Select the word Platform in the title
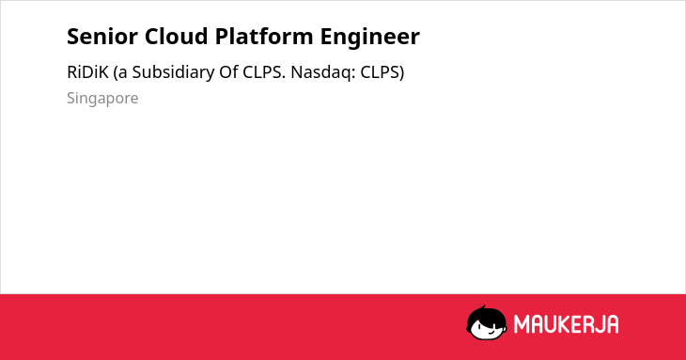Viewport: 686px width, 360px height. pos(264,37)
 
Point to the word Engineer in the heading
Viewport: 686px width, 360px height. pos(369,38)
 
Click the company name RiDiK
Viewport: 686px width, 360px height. pos(87,72)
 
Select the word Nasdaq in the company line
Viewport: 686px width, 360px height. pos(323,72)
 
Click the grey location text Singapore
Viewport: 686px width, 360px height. pos(102,99)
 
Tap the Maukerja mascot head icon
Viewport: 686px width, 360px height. pos(487,322)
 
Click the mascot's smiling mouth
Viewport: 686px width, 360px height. pos(491,333)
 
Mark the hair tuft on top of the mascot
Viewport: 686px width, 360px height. pos(483,307)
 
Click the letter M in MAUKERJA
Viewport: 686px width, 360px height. pos(522,324)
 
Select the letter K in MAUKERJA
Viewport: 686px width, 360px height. pos(563,324)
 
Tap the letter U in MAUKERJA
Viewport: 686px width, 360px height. pos(550,324)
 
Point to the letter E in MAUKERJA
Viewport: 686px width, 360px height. pos(577,324)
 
